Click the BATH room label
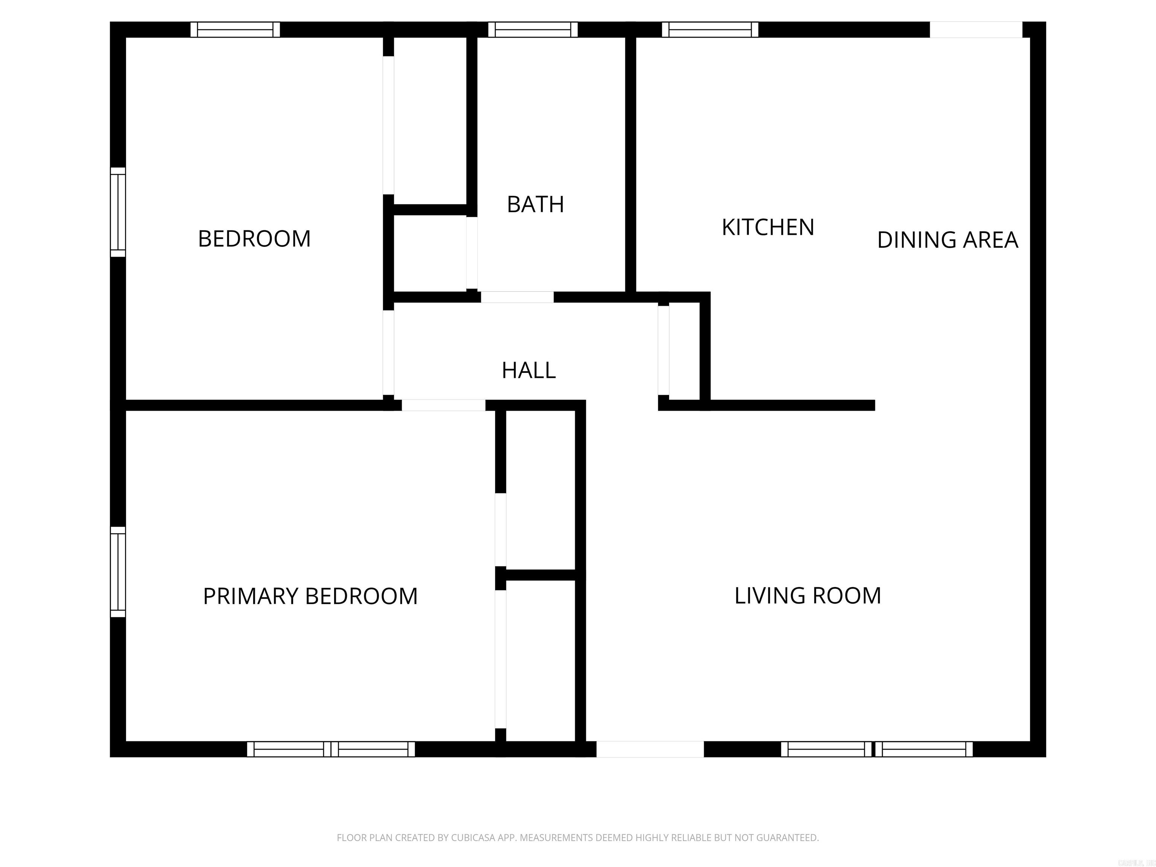535,204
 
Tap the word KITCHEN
768,227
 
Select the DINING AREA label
948,240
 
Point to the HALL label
528,371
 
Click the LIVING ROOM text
808,596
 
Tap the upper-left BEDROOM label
254,239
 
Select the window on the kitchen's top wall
710,30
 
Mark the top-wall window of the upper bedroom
235,30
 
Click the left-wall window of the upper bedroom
118,212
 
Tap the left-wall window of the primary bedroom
118,572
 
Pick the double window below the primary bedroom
331,749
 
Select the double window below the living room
876,749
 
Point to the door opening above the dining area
976,30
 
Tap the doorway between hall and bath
517,297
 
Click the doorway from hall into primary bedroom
443,405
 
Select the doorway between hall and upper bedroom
388,353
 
